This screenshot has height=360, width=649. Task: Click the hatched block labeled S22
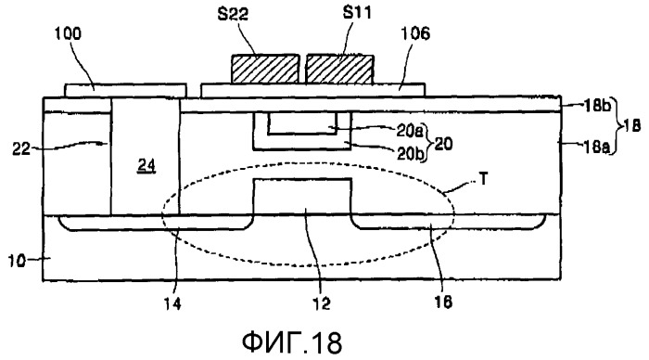[265, 69]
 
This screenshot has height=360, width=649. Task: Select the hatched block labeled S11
[340, 70]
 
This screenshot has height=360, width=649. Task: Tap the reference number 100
[69, 33]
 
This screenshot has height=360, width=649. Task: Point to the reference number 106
[415, 33]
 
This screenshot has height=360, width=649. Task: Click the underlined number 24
[146, 166]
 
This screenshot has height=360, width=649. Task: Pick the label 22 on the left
[20, 148]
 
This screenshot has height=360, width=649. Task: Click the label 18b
[597, 106]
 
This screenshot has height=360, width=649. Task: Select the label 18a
[597, 146]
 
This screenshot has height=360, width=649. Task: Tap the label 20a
[410, 131]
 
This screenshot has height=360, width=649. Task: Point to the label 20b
[410, 153]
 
